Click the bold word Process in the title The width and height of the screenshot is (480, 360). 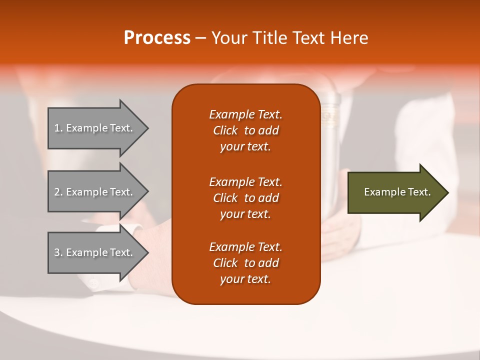(x=157, y=38)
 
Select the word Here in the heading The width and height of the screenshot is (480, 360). (x=349, y=38)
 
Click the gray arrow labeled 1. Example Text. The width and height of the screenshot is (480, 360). (x=98, y=128)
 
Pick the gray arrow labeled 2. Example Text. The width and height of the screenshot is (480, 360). (x=98, y=191)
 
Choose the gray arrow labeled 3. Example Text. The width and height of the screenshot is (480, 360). (x=98, y=252)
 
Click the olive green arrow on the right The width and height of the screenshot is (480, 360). (x=398, y=192)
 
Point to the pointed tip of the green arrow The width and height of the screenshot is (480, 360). (x=448, y=192)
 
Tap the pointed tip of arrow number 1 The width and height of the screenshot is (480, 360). (x=148, y=128)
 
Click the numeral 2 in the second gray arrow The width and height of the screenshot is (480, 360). (x=56, y=192)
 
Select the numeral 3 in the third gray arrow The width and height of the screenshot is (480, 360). (x=56, y=252)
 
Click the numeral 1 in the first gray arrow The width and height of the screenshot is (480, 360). (x=56, y=128)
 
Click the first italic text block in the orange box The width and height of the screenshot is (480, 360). (x=246, y=130)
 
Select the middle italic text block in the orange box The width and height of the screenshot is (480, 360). (x=246, y=198)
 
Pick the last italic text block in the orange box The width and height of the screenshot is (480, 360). (x=246, y=263)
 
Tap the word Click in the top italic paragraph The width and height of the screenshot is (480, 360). (x=225, y=130)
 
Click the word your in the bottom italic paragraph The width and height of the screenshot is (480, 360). (x=231, y=279)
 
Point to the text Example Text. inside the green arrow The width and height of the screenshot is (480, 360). (x=397, y=192)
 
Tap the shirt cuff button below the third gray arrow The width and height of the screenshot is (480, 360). (x=93, y=284)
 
